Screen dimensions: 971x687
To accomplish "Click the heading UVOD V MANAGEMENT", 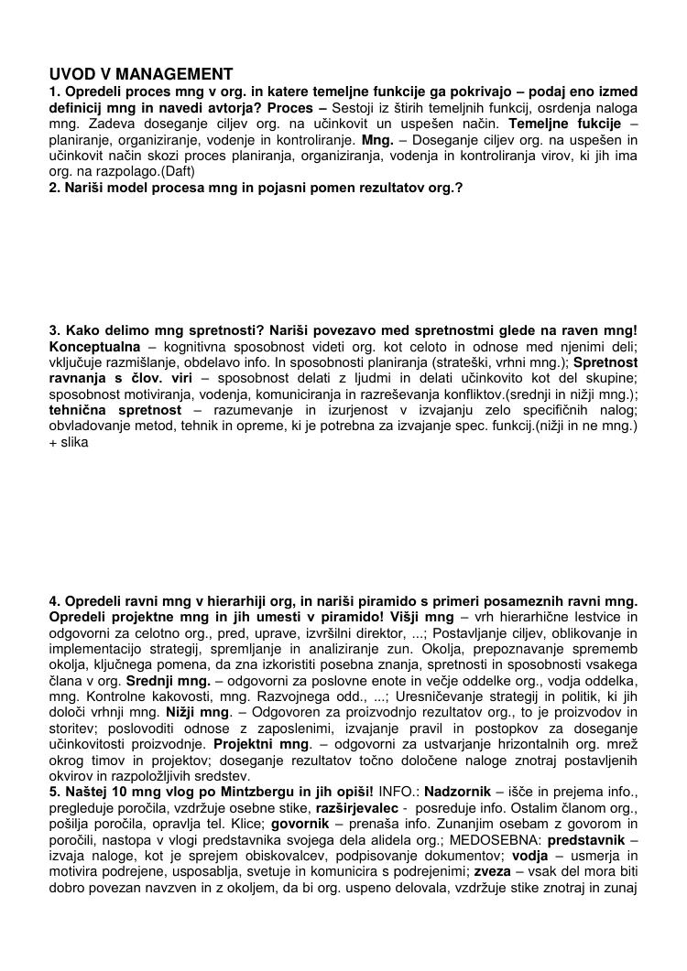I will pyautogui.click(x=141, y=74).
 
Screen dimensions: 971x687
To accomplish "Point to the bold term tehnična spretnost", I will pyautogui.click(x=115, y=409).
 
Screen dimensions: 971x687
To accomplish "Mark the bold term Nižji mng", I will pyautogui.click(x=198, y=712).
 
